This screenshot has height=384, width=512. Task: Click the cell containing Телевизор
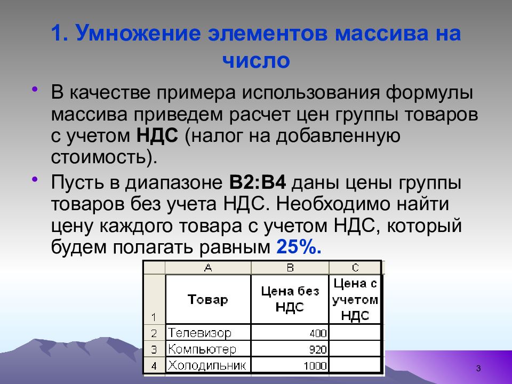(208, 333)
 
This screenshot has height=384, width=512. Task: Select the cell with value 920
(290, 350)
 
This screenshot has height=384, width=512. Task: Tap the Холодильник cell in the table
(208, 366)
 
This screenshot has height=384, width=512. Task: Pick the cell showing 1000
(290, 366)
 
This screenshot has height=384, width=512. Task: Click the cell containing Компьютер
(208, 350)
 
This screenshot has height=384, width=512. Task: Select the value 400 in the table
(290, 333)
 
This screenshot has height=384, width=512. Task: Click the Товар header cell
(208, 299)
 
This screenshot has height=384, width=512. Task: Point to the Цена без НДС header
(290, 299)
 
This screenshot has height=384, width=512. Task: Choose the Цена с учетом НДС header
(356, 299)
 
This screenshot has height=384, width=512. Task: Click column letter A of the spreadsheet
(208, 268)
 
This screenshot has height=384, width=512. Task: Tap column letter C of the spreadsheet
(356, 268)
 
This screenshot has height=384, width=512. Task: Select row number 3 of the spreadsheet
(154, 350)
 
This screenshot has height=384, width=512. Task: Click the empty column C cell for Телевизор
(356, 333)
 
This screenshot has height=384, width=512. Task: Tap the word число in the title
(256, 61)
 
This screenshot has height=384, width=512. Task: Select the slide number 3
(478, 369)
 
